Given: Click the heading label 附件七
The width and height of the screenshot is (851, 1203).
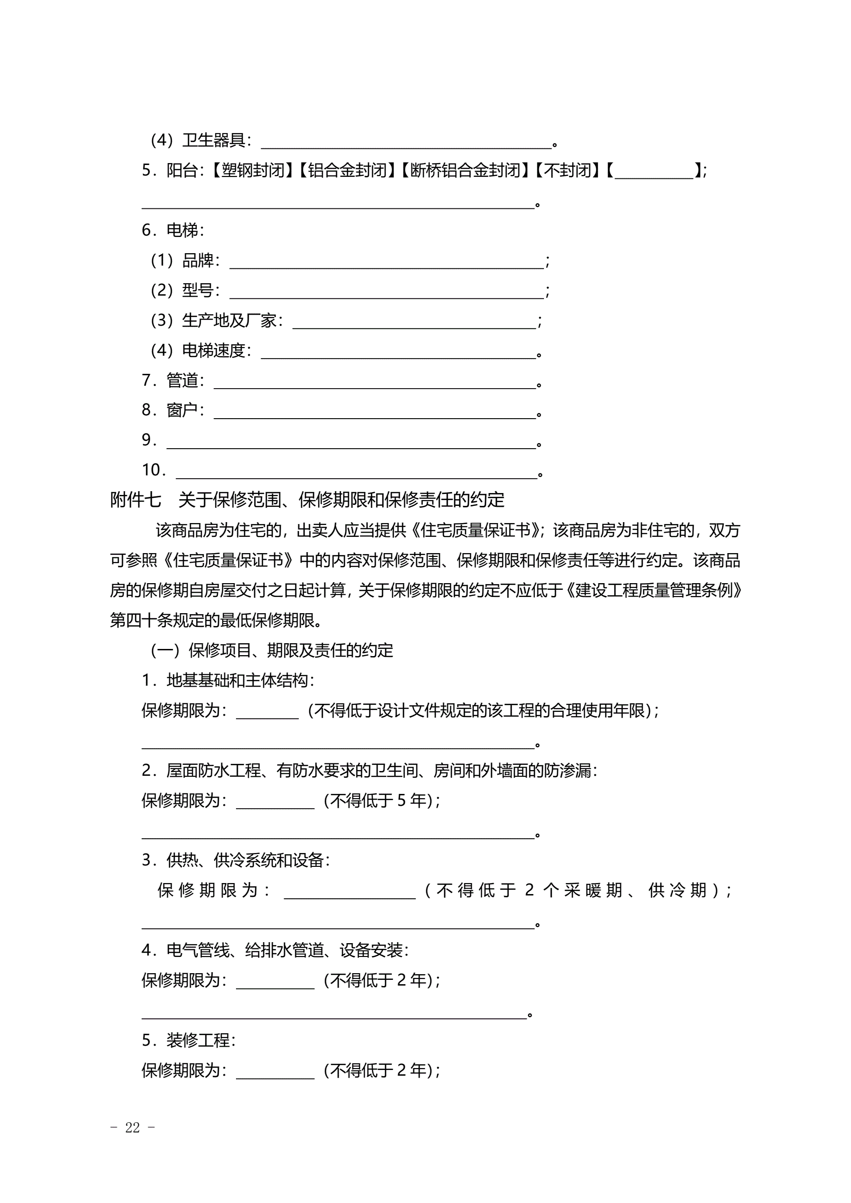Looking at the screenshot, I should tap(135, 500).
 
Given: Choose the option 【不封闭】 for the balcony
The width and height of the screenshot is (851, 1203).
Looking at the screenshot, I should tap(567, 170).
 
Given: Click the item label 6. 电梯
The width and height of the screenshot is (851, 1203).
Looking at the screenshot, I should tap(173, 230).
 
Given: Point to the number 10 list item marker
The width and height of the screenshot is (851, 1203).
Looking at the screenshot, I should tap(154, 470).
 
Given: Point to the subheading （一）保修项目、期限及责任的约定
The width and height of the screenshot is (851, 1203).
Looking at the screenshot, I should tap(271, 651).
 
